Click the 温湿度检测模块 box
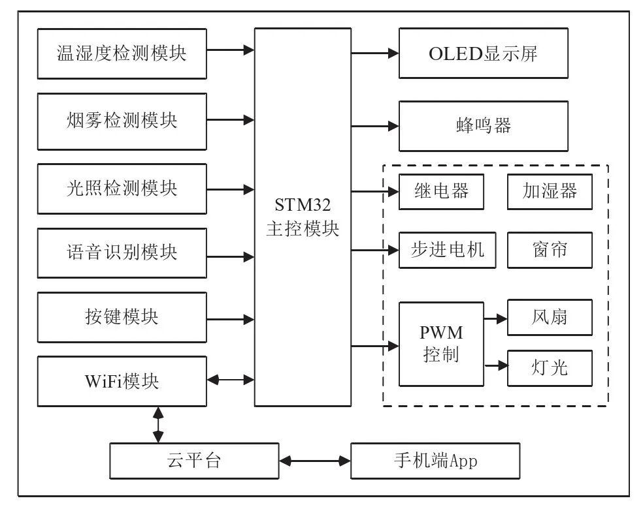coord(122,54)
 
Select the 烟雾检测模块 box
coord(122,121)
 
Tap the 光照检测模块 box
coord(122,189)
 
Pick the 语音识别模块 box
coord(122,253)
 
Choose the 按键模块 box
coord(122,317)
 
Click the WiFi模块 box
coord(122,381)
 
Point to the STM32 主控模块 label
coord(303,217)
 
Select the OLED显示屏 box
coord(483,54)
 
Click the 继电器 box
coord(441,191)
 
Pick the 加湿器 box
coord(550,191)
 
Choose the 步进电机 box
coord(441,249)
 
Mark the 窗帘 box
coord(550,249)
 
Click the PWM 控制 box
coord(441,344)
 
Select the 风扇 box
coord(550,318)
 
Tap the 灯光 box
coord(550,368)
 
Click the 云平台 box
coord(193,461)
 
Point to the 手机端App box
coord(435,461)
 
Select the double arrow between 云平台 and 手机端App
coord(315,461)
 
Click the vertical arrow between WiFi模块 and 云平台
coord(157,425)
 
